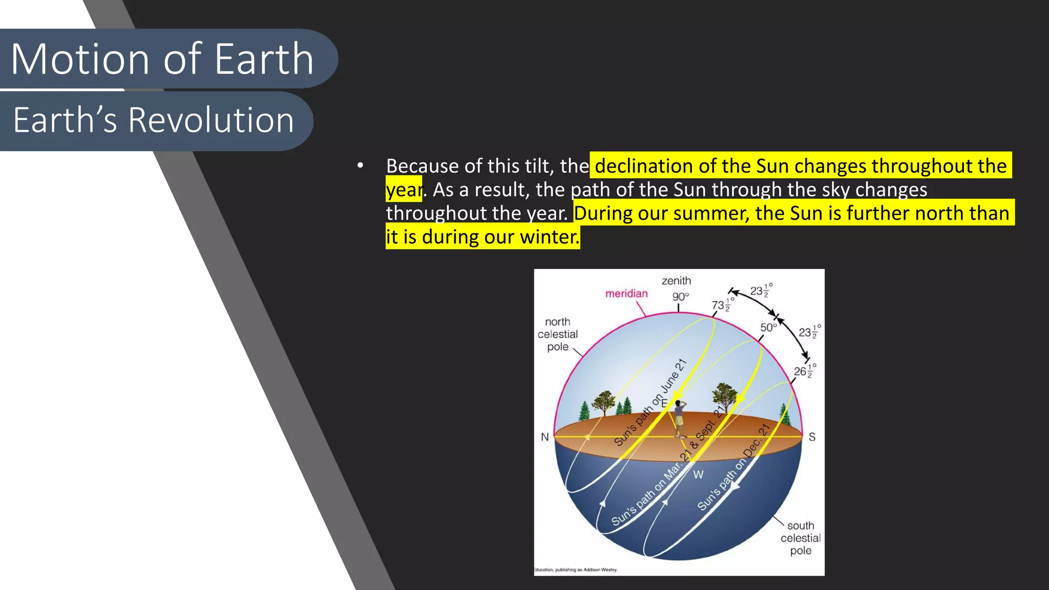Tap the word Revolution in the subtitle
click(211, 120)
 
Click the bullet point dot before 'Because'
click(361, 165)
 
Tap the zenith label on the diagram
click(676, 281)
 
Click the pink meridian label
click(626, 293)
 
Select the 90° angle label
click(680, 297)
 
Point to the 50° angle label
click(768, 327)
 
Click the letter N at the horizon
click(544, 437)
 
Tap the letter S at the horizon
click(812, 437)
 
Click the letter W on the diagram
click(698, 475)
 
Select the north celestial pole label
click(557, 334)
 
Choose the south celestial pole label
click(801, 538)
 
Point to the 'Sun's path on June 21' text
click(649, 403)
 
